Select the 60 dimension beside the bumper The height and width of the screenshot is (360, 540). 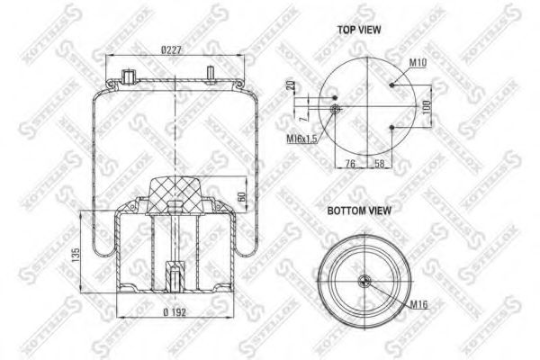tap(240, 196)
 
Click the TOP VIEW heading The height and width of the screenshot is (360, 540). tap(359, 30)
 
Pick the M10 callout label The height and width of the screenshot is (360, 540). tap(417, 63)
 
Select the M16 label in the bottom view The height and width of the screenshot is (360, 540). tap(418, 306)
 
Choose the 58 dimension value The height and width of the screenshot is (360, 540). tap(381, 164)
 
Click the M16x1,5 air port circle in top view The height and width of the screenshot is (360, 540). tap(335, 109)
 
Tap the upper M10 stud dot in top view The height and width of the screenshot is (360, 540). tap(394, 85)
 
